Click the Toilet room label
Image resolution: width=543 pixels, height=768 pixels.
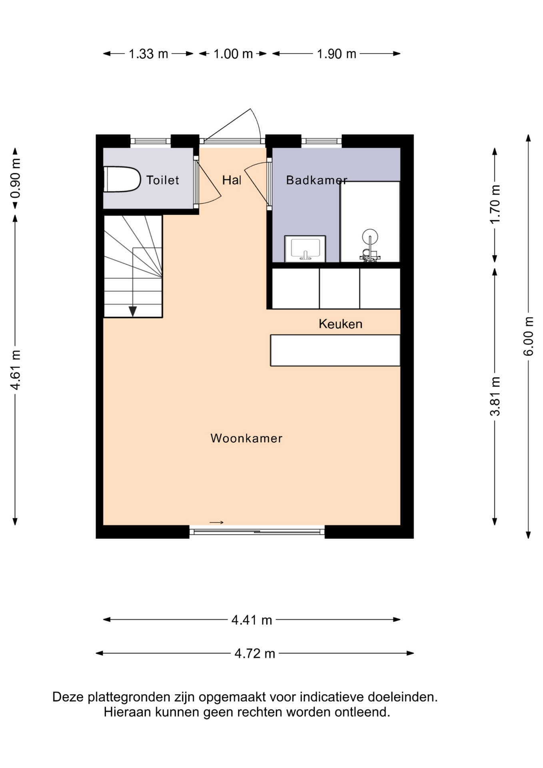162,180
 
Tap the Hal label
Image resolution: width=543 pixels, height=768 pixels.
232,180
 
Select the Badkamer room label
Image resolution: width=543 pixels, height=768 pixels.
317,180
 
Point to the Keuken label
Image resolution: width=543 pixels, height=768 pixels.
340,324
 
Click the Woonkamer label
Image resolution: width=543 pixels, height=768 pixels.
246,438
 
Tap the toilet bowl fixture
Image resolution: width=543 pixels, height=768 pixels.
122,179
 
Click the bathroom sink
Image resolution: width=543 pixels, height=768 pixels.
305,249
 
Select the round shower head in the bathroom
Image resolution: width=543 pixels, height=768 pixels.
370,236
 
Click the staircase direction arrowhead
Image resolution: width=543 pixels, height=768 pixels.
133,311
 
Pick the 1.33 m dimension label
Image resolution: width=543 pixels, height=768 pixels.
148,54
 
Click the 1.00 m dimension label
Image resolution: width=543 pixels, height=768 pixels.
233,54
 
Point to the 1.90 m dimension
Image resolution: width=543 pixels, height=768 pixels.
336,54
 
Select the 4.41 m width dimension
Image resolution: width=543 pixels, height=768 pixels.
252,620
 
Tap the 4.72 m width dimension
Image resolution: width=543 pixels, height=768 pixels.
255,653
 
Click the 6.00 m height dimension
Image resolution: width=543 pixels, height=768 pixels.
528,336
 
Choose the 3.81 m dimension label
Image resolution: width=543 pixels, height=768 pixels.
495,396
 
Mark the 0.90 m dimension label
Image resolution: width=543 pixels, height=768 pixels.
15,178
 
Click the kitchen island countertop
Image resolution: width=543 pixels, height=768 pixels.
335,350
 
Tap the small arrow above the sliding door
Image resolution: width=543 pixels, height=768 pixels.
216,522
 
